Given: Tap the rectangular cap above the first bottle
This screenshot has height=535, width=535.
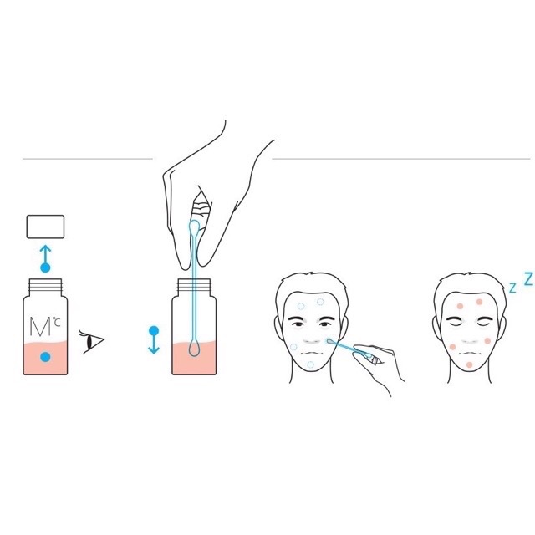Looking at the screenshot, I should pos(46,227).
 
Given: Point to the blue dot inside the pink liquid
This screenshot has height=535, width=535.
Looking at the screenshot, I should pos(47,357).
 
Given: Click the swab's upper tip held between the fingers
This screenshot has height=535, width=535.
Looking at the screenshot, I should pos(194,227).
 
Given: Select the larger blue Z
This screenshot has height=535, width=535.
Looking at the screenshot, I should pos(527,280).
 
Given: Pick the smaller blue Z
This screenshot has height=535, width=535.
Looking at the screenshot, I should pos(512,288).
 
